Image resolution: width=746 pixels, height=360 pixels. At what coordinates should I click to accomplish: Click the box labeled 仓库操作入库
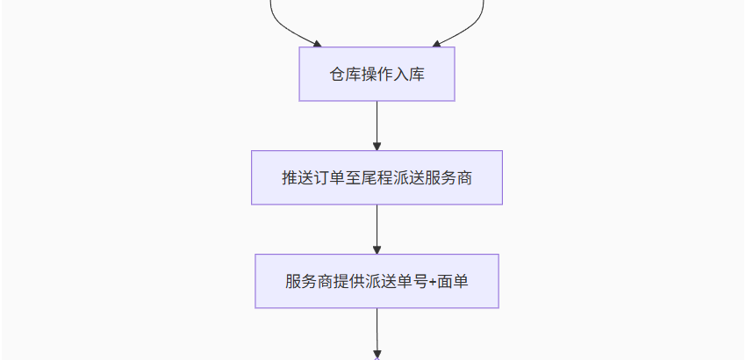pos(377,74)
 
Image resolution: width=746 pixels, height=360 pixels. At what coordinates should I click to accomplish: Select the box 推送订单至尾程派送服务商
pos(377,177)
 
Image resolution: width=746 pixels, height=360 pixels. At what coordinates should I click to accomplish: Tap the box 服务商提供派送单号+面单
pos(377,281)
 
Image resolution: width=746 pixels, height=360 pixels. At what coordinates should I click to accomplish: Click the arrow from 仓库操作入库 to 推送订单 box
pos(377,126)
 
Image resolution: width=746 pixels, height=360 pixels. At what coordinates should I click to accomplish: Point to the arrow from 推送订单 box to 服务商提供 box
pos(377,229)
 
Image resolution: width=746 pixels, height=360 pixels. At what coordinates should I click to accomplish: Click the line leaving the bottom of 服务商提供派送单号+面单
pos(377,334)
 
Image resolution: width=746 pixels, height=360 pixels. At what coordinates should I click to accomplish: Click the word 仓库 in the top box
pos(346,75)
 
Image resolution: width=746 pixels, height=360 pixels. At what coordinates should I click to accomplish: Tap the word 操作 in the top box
pos(377,75)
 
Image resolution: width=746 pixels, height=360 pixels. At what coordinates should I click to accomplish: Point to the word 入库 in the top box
pos(409,75)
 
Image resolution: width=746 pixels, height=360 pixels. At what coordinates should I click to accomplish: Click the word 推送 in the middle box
pos(298,178)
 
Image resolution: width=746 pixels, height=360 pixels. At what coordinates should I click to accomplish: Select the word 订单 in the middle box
pos(329,178)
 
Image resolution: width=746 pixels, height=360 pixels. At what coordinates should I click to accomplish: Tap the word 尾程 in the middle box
pos(377,178)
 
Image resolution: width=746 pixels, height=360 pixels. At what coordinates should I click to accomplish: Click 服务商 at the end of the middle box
pos(448,178)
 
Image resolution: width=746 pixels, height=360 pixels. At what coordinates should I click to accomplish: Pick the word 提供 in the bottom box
pos(348,282)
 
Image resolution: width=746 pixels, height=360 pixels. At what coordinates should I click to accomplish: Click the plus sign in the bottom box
pos(433,282)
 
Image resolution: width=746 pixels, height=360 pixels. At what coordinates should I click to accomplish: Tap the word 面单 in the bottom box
pos(453,282)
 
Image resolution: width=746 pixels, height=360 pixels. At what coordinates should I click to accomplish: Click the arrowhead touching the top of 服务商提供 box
pos(377,250)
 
